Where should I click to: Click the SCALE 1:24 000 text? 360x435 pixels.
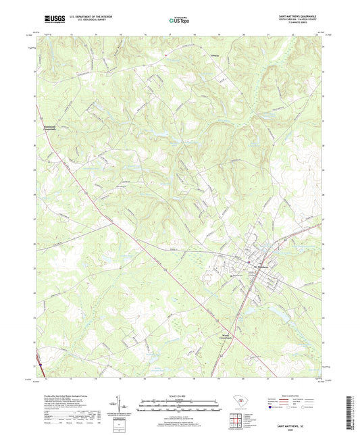[180, 396]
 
